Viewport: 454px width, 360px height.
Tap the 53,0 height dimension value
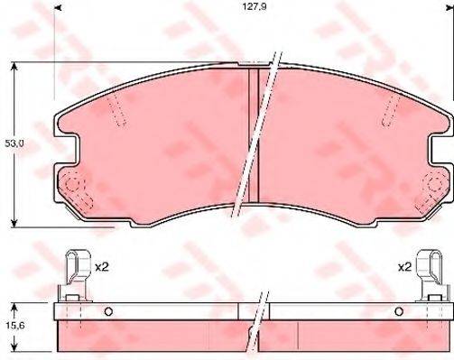pos(13,143)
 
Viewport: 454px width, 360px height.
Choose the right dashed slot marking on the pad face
pos(390,113)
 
